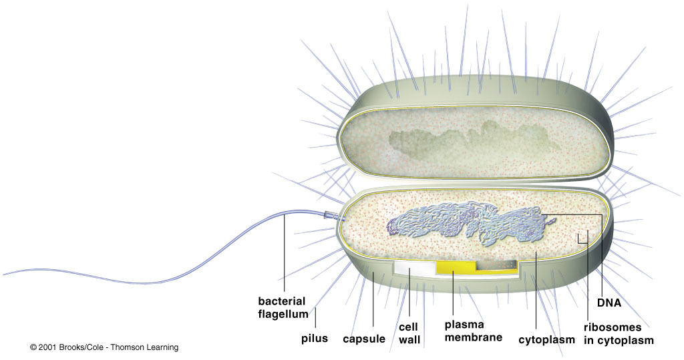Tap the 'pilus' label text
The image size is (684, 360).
click(315, 339)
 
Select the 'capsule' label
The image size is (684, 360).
click(364, 339)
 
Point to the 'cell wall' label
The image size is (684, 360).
click(409, 333)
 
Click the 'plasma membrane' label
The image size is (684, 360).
click(473, 331)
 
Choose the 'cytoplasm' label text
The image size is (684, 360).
click(546, 339)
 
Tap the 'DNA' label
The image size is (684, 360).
click(610, 303)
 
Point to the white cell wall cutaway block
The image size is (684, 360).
click(413, 267)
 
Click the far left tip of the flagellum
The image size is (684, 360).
click(5, 273)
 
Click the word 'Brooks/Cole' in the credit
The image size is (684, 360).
click(82, 348)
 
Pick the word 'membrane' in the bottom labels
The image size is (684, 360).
click(473, 337)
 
